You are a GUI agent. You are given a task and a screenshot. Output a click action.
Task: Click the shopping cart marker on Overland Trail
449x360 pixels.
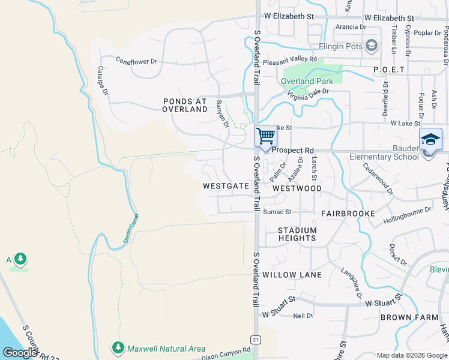coord(265,136)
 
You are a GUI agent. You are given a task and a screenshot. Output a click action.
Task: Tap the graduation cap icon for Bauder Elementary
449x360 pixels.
coord(430,139)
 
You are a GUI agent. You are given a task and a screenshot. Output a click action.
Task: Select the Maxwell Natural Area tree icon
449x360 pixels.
coord(118,348)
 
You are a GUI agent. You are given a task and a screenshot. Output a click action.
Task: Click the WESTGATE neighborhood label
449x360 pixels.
coord(226,186)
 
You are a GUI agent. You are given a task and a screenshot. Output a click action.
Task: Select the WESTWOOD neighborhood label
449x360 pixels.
coord(297,188)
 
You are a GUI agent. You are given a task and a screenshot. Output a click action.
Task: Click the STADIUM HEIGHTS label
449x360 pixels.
coord(297,234)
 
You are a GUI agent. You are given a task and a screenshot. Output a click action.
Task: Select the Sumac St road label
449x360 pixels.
coord(277,212)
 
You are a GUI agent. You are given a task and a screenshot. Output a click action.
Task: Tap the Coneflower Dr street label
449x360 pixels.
coord(136,61)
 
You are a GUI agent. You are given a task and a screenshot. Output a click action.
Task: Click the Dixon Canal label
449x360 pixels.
coord(131,228)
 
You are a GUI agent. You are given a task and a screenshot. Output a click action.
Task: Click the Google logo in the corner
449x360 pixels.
coord(20,353)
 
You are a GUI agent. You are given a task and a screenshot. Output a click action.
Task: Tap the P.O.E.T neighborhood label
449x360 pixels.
coord(389,70)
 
